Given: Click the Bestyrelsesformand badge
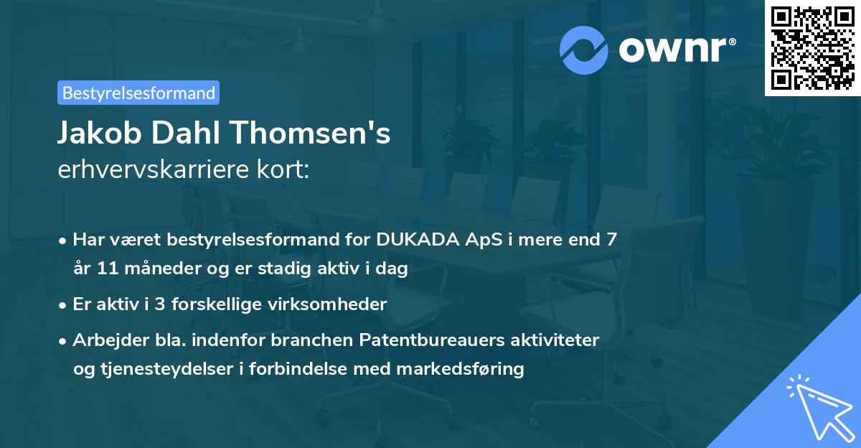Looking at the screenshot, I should coord(138,93).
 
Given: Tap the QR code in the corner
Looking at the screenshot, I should coord(813,47).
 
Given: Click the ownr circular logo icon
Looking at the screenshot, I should coord(584,50).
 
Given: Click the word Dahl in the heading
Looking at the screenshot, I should coord(192,134).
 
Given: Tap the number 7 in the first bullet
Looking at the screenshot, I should coord(611,240).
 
